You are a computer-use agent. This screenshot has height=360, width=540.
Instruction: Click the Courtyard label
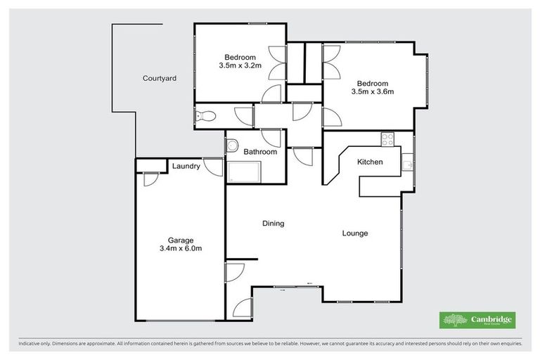click(159, 78)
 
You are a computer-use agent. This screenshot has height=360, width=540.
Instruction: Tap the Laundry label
click(186, 167)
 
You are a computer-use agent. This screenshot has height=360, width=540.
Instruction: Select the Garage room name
click(180, 240)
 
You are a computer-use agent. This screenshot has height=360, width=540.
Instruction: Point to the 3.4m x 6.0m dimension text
click(180, 248)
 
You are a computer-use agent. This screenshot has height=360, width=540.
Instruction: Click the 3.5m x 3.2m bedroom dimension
click(240, 66)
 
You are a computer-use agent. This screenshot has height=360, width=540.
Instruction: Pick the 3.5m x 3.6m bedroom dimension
click(372, 91)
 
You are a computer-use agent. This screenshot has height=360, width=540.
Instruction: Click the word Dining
click(273, 224)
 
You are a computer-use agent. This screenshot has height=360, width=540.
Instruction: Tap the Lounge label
click(355, 233)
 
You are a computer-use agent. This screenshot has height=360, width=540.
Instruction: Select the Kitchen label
click(370, 162)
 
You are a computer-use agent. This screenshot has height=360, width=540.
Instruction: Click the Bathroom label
click(260, 151)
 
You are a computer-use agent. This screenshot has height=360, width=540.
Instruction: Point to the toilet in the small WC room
click(203, 117)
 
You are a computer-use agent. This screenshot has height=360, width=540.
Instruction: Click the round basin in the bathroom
click(232, 146)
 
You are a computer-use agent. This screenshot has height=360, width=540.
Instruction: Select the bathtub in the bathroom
click(243, 172)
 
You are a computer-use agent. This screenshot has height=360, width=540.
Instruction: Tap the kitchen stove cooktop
click(387, 139)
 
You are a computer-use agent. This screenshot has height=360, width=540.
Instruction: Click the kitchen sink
click(406, 165)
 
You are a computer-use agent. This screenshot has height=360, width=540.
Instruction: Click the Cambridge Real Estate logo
click(477, 320)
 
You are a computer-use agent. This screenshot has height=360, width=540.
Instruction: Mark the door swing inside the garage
click(148, 179)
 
